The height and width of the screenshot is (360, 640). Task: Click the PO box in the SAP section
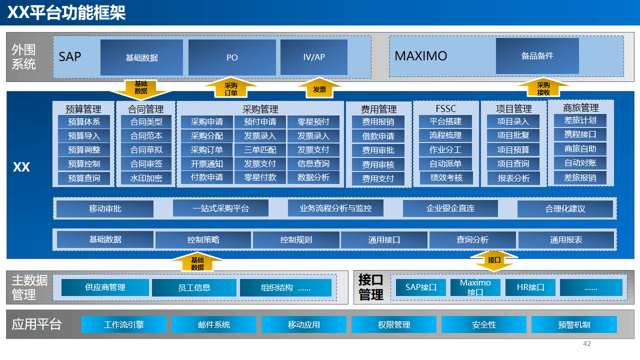pyautogui.click(x=232, y=57)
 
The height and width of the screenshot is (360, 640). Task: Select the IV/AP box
pyautogui.click(x=314, y=57)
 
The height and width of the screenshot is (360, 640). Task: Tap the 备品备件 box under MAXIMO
pyautogui.click(x=537, y=56)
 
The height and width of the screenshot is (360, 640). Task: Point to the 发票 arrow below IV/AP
pyautogui.click(x=319, y=88)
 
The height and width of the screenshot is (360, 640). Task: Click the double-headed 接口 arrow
pyautogui.click(x=494, y=260)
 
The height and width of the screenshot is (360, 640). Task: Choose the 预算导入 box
pyautogui.click(x=84, y=135)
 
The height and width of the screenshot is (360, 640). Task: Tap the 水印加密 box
pyautogui.click(x=146, y=178)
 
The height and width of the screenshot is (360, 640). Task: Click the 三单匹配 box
pyautogui.click(x=260, y=149)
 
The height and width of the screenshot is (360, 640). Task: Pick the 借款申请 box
pyautogui.click(x=378, y=136)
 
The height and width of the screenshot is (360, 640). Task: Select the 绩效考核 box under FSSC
pyautogui.click(x=446, y=177)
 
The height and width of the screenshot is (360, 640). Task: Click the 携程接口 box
pyautogui.click(x=580, y=134)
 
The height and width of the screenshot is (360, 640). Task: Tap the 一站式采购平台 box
pyautogui.click(x=220, y=208)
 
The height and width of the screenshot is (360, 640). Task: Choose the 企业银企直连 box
pyautogui.click(x=450, y=208)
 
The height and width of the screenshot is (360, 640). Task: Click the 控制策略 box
pyautogui.click(x=203, y=240)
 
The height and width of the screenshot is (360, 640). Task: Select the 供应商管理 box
pyautogui.click(x=105, y=287)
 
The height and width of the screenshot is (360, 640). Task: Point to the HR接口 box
pyautogui.click(x=530, y=287)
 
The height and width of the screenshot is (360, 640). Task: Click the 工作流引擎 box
pyautogui.click(x=124, y=324)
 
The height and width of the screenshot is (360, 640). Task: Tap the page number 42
pyautogui.click(x=587, y=343)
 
